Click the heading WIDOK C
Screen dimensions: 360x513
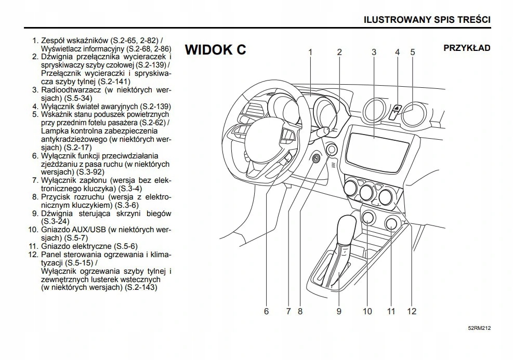[x=215, y=50]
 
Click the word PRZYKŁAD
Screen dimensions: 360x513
[x=467, y=48]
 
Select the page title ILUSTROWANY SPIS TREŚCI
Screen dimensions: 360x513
[x=428, y=20]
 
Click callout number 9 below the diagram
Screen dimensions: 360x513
[x=338, y=311]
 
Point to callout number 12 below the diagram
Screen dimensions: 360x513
[x=412, y=311]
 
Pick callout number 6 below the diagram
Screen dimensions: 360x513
[x=267, y=311]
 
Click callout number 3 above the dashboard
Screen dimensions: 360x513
[x=374, y=52]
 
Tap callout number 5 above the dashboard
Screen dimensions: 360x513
[x=413, y=52]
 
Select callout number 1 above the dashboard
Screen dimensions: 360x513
[x=310, y=52]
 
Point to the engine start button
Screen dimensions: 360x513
[x=331, y=151]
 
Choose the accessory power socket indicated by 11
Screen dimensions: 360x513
[x=391, y=224]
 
